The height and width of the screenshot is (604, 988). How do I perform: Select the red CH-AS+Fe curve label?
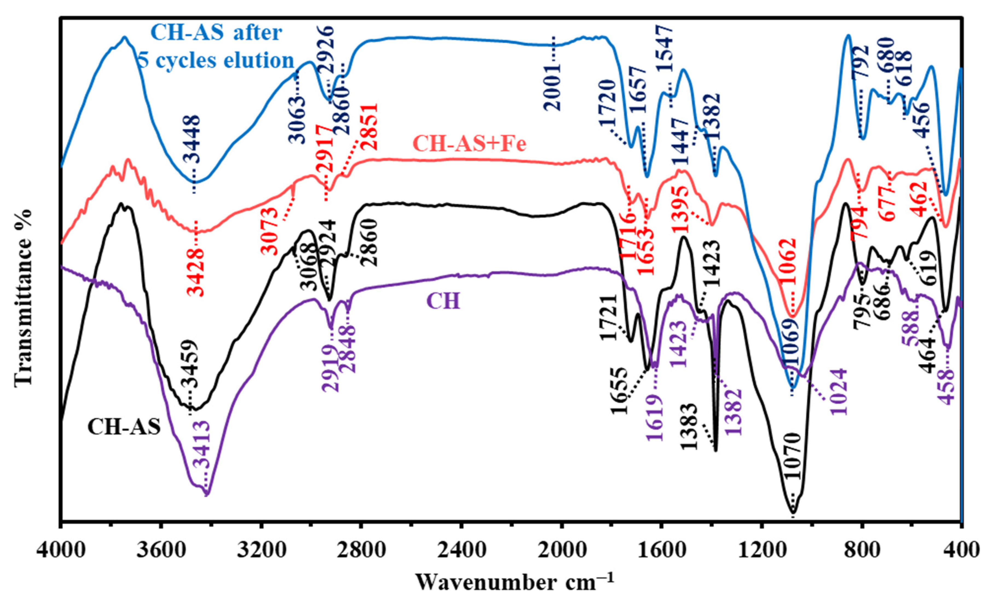469,144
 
